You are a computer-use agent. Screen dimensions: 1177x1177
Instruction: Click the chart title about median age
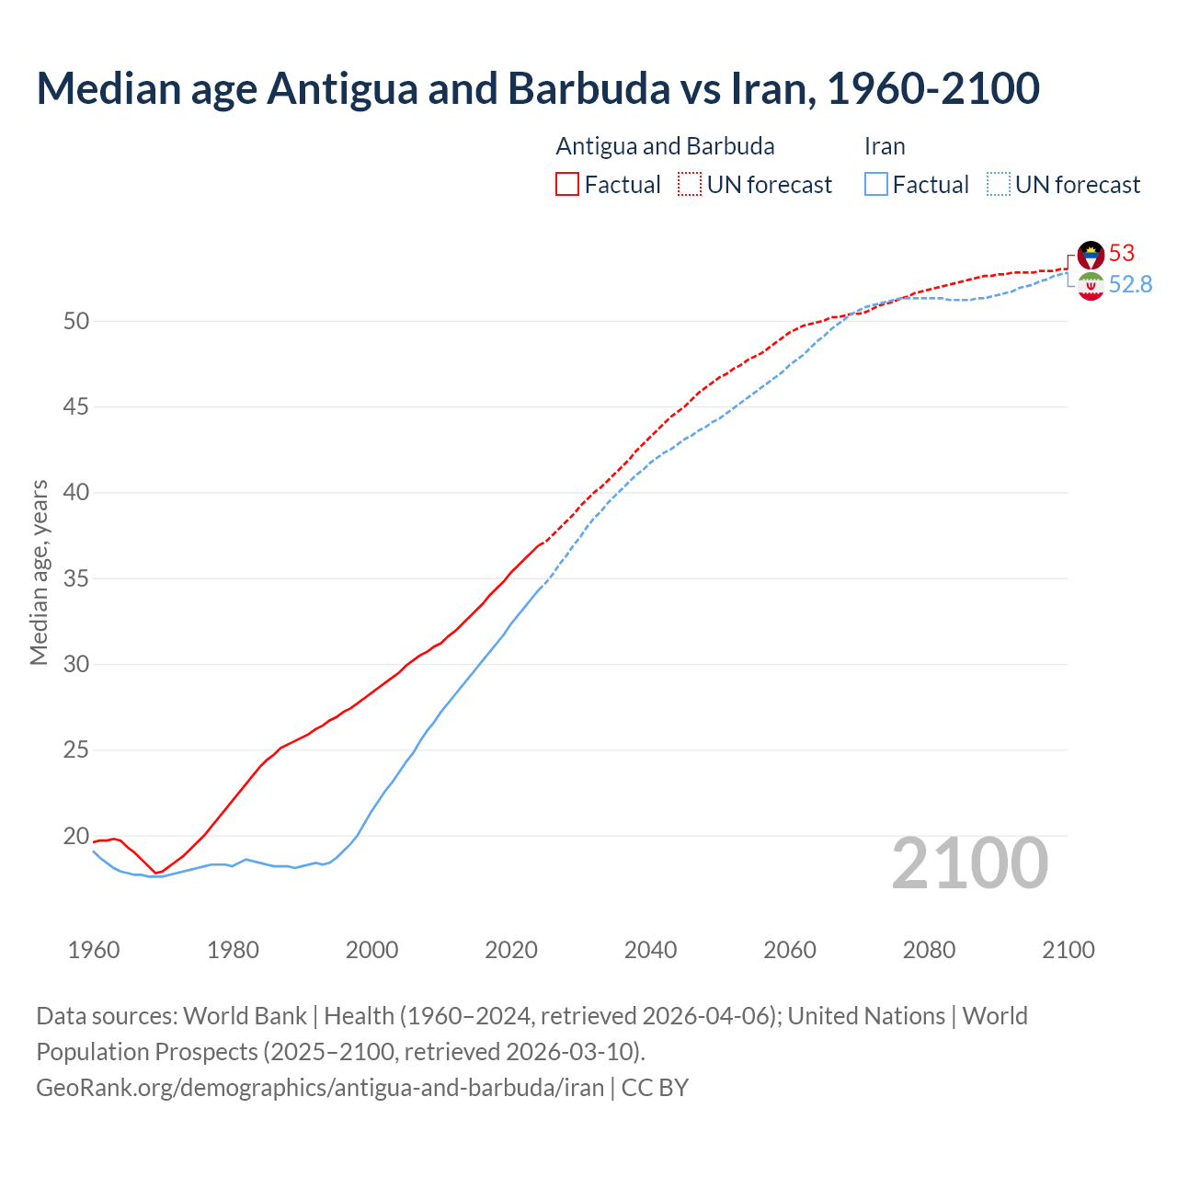[x=538, y=88]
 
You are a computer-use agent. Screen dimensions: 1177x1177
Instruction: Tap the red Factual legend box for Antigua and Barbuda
[x=567, y=184]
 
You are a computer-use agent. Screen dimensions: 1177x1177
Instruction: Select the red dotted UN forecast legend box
[x=690, y=184]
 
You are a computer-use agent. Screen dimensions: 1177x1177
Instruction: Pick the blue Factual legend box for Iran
[x=876, y=184]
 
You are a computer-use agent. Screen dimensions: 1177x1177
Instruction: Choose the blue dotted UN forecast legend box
[x=999, y=184]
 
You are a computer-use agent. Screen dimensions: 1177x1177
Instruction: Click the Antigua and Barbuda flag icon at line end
[x=1091, y=255]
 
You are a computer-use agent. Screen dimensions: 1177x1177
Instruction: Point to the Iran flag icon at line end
[x=1091, y=286]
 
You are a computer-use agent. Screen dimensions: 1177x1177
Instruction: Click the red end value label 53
[x=1122, y=253]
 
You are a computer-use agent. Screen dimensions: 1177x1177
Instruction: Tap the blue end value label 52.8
[x=1130, y=284]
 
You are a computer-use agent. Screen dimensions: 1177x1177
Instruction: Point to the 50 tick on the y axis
[x=76, y=321]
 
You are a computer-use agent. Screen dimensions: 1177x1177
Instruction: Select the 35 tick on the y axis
[x=76, y=578]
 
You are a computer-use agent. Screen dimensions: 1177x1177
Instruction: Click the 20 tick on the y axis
[x=76, y=836]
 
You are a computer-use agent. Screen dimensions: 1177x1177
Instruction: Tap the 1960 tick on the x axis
[x=94, y=950]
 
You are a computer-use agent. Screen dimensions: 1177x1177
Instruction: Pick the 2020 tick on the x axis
[x=511, y=950]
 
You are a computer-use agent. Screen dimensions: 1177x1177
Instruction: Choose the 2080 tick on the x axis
[x=929, y=950]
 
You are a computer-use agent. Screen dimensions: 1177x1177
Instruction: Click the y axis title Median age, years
[x=39, y=572]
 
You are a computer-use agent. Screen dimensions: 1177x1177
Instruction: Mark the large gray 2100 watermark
[x=969, y=863]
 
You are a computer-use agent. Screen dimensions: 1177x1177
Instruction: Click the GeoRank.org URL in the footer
[x=320, y=1087]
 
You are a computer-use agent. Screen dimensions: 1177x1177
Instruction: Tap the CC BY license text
[x=655, y=1087]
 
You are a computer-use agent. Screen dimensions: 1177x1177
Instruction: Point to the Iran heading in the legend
[x=885, y=146]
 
